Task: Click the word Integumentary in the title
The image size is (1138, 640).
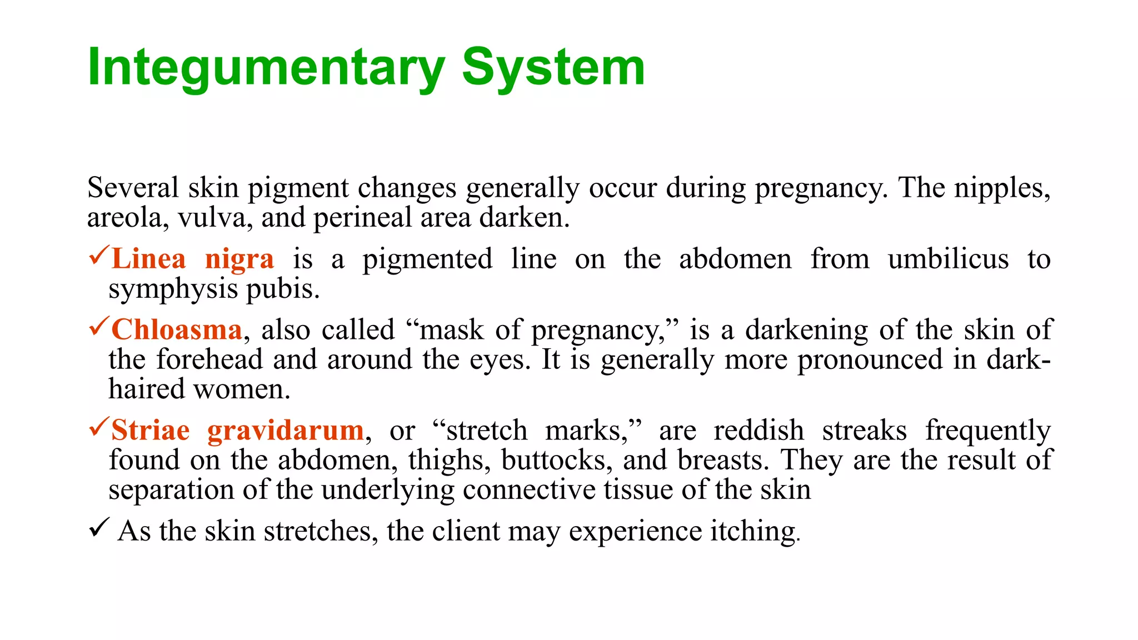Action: (266, 68)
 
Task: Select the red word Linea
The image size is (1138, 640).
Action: (148, 259)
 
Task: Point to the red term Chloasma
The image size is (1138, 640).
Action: (177, 330)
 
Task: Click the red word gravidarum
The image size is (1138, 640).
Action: (286, 431)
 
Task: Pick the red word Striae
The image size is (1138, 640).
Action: (151, 431)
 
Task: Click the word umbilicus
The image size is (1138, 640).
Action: (948, 259)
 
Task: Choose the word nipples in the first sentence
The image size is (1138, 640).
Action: (1002, 188)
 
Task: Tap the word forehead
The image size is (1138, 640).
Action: (209, 359)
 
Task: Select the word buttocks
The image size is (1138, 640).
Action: (557, 461)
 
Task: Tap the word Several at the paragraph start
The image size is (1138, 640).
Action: (133, 188)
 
